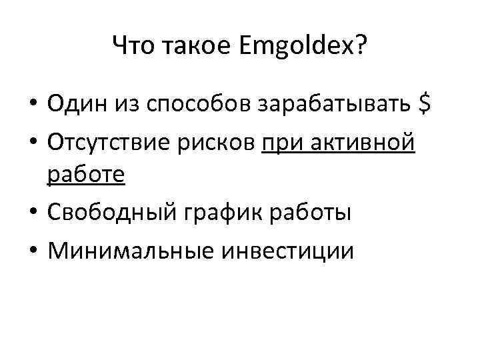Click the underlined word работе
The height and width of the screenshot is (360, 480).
pos(85,175)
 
